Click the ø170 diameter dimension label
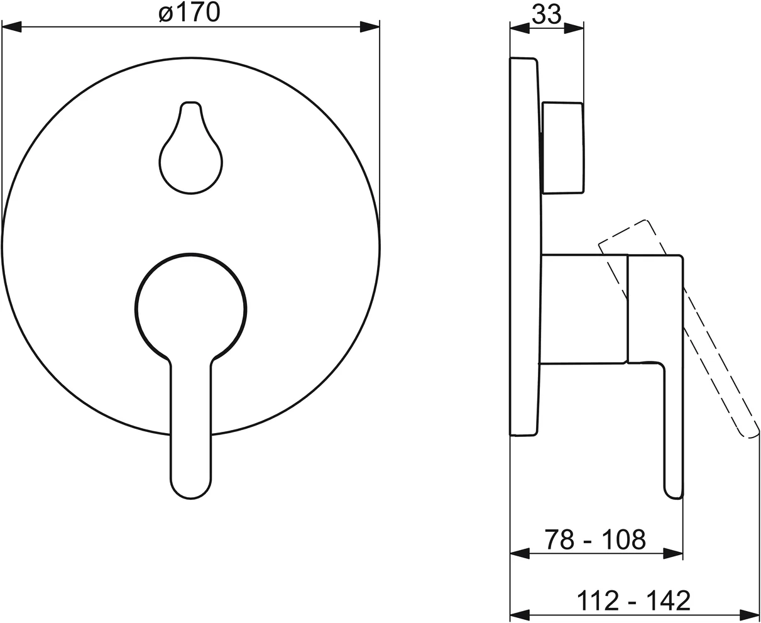click(x=189, y=13)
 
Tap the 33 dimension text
click(x=547, y=14)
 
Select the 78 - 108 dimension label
click(x=595, y=539)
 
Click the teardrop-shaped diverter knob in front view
click(x=191, y=148)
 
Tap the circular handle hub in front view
click(x=191, y=309)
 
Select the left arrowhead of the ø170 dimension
click(x=11, y=26)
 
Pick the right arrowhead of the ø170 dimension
click(x=370, y=26)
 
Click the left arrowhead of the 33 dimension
click(x=520, y=28)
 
